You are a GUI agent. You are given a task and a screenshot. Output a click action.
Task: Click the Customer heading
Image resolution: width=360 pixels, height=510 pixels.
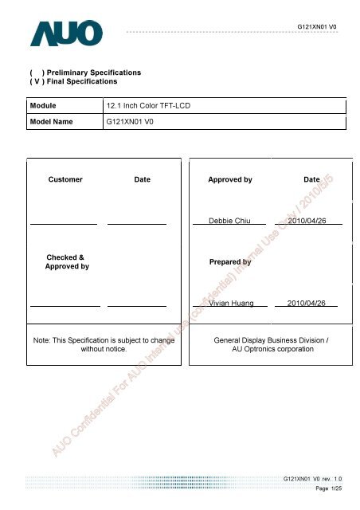click(x=65, y=180)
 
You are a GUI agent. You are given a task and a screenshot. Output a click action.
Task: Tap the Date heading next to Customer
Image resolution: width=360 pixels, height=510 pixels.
click(x=142, y=180)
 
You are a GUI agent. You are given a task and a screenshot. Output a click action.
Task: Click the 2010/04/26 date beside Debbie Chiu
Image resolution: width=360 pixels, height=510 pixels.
click(x=307, y=219)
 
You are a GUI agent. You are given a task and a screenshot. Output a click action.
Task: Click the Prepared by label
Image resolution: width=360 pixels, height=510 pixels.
click(x=229, y=261)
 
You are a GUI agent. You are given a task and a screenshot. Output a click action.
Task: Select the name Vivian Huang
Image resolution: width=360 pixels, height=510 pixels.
click(x=230, y=303)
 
